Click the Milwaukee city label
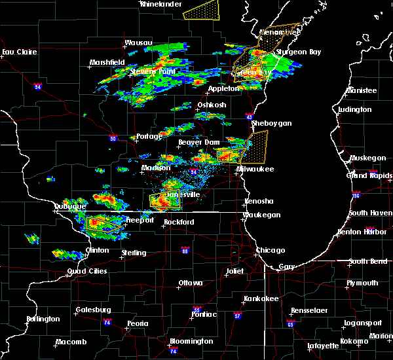point(256,169)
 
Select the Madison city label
point(155,168)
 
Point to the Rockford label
point(179,223)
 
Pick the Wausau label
point(138,45)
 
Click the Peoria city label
point(137,323)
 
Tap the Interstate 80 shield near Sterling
point(185,250)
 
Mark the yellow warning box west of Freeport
point(104,224)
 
